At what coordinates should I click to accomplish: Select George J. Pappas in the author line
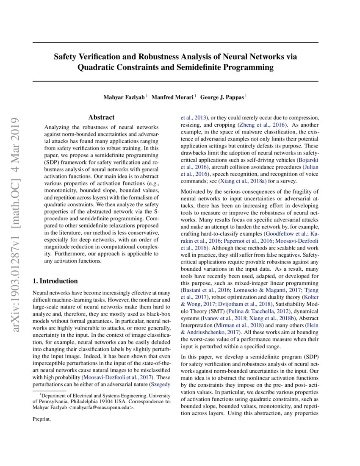tap(222, 97)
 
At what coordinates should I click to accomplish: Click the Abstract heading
tap(101, 117)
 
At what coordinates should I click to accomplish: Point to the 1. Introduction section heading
tap(55, 281)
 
